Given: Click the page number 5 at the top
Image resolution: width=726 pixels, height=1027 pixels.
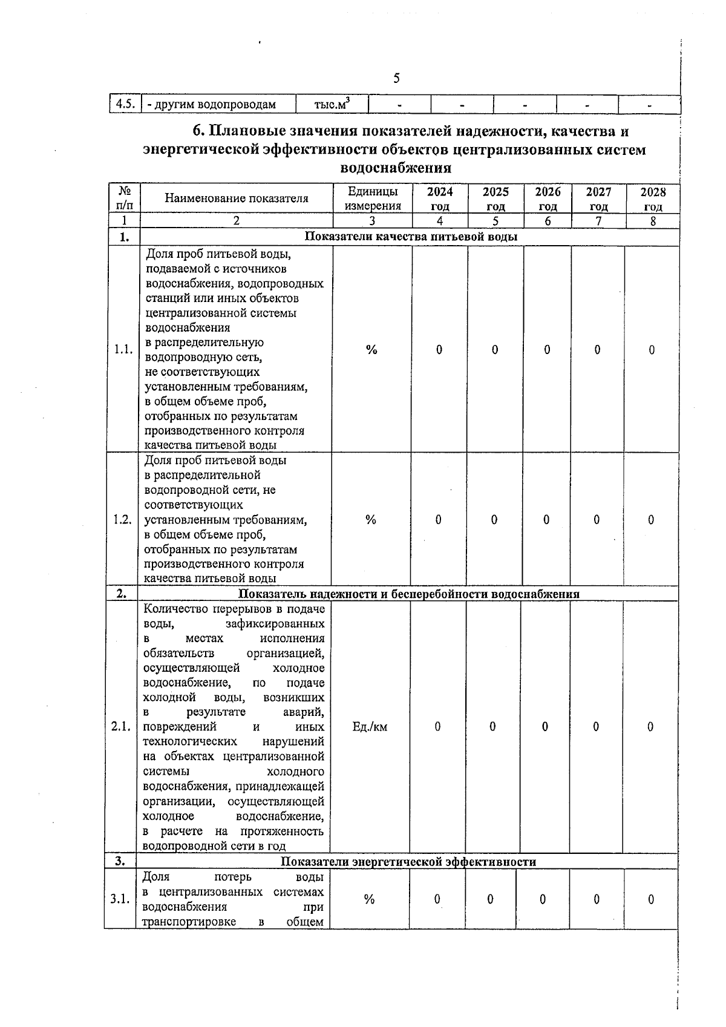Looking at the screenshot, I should tap(396, 78).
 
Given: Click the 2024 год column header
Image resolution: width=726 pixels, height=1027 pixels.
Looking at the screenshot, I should tap(440, 199).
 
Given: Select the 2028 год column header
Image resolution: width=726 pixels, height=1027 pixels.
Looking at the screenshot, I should tap(653, 199).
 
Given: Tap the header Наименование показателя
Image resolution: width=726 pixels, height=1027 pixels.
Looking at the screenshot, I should tap(237, 198).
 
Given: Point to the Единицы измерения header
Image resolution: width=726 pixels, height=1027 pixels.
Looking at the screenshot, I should tap(373, 199).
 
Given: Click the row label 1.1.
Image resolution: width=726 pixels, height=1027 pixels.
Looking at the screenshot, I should tap(123, 350).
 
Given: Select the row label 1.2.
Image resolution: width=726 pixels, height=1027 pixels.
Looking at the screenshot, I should tap(122, 520).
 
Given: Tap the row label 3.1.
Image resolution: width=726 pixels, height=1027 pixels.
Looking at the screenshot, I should tap(120, 899).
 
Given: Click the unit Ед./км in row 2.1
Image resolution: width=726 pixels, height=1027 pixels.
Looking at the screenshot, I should tap(370, 727).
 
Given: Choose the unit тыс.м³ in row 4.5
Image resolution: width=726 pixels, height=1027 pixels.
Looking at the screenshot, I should tap(332, 104).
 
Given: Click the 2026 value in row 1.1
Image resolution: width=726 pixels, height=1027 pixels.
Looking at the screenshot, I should tap(547, 350).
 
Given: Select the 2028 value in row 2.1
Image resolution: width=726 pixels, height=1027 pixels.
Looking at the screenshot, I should tap(650, 727).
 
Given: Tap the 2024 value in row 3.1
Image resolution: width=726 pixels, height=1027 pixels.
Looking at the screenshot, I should tap(436, 899).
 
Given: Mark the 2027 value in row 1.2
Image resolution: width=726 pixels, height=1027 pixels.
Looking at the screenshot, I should tap(597, 520).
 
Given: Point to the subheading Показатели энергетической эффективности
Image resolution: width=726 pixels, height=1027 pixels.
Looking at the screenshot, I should tap(408, 862).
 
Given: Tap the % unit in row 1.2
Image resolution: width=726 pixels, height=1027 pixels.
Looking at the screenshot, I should tap(371, 520).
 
